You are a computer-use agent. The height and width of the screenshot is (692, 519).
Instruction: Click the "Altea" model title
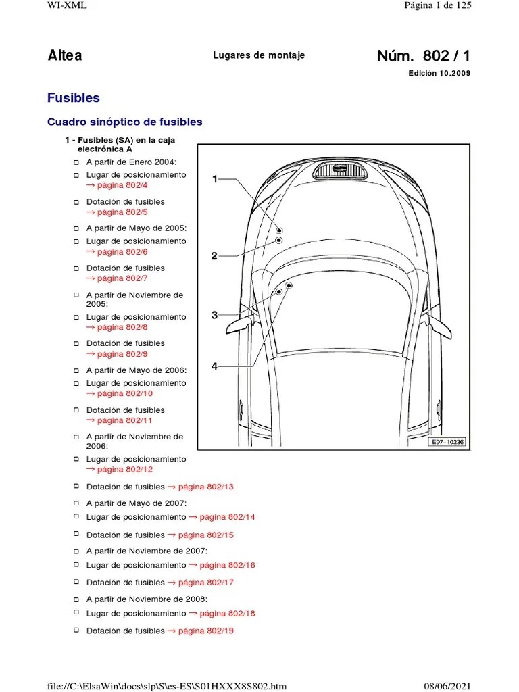coord(65,55)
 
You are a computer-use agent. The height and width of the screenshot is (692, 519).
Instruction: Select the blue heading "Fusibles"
coord(73,98)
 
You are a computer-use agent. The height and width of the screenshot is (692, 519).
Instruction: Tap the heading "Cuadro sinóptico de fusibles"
coord(124,122)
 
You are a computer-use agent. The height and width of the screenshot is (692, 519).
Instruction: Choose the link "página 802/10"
coord(124,393)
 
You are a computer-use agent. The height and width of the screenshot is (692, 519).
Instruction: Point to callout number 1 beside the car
coord(215,179)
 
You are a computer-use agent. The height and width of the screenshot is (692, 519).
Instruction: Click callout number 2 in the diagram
coord(214,256)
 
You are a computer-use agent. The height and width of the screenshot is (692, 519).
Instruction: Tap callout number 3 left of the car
coord(214,315)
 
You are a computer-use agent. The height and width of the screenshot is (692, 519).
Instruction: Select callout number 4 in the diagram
coord(214,366)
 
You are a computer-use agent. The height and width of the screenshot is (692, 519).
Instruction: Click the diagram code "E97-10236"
coord(447,442)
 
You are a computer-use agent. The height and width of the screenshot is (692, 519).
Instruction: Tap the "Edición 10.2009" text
coord(439,74)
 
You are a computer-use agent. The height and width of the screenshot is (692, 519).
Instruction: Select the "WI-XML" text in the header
coord(67,5)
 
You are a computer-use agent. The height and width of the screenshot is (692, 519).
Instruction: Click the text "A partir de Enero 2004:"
coord(131,162)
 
